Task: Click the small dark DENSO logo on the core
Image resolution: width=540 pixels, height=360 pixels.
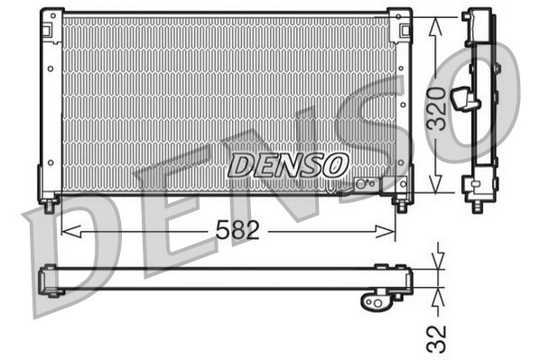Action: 287,164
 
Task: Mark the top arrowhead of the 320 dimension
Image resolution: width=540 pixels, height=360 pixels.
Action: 436,24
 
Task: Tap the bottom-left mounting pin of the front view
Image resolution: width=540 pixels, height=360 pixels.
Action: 49,205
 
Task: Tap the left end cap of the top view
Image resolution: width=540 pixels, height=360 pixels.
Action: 51,280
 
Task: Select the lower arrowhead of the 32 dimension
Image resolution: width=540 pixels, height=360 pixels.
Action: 436,294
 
